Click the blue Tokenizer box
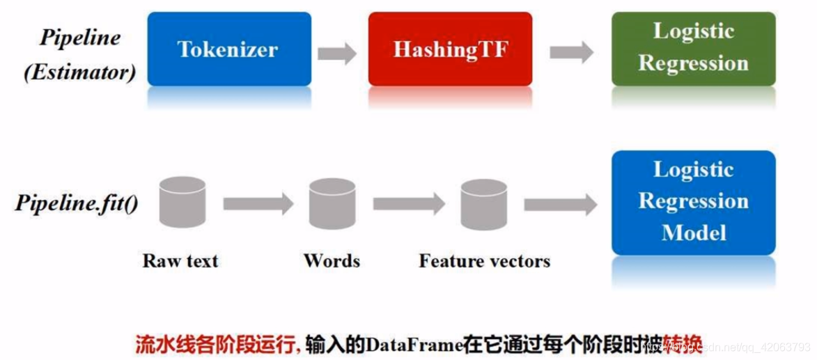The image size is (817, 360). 229,49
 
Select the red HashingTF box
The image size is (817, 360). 450,49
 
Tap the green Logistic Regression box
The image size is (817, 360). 693,48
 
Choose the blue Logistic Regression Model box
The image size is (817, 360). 693,201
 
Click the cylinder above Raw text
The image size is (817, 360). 182,203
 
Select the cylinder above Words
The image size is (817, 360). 332,203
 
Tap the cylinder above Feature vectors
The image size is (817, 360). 483,203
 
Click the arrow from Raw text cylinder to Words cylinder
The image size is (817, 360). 258,204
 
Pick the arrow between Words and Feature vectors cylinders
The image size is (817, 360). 409,204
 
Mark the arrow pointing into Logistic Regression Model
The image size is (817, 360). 560,204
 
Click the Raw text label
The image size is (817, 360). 180,261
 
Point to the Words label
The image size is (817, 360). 332,261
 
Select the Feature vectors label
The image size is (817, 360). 484,261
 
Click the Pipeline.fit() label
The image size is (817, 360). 77,204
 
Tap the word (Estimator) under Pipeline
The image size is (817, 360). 79,72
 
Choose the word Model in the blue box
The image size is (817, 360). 694,232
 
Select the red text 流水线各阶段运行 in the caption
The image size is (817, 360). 217,345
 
